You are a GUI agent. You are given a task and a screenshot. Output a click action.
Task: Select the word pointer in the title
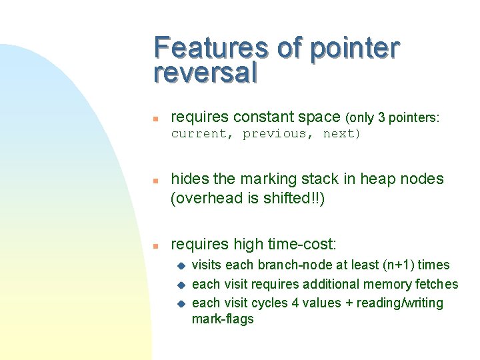[355, 49]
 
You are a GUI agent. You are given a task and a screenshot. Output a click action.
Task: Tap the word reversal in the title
[205, 73]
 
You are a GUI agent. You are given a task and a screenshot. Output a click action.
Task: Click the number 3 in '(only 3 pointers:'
[381, 118]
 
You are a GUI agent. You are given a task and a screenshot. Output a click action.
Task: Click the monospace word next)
[341, 134]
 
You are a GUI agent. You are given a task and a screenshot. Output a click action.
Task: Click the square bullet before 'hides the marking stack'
[155, 181]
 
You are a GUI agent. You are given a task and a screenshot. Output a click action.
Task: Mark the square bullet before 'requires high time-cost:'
[155, 245]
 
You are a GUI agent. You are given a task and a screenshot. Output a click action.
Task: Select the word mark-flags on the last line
[223, 319]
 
